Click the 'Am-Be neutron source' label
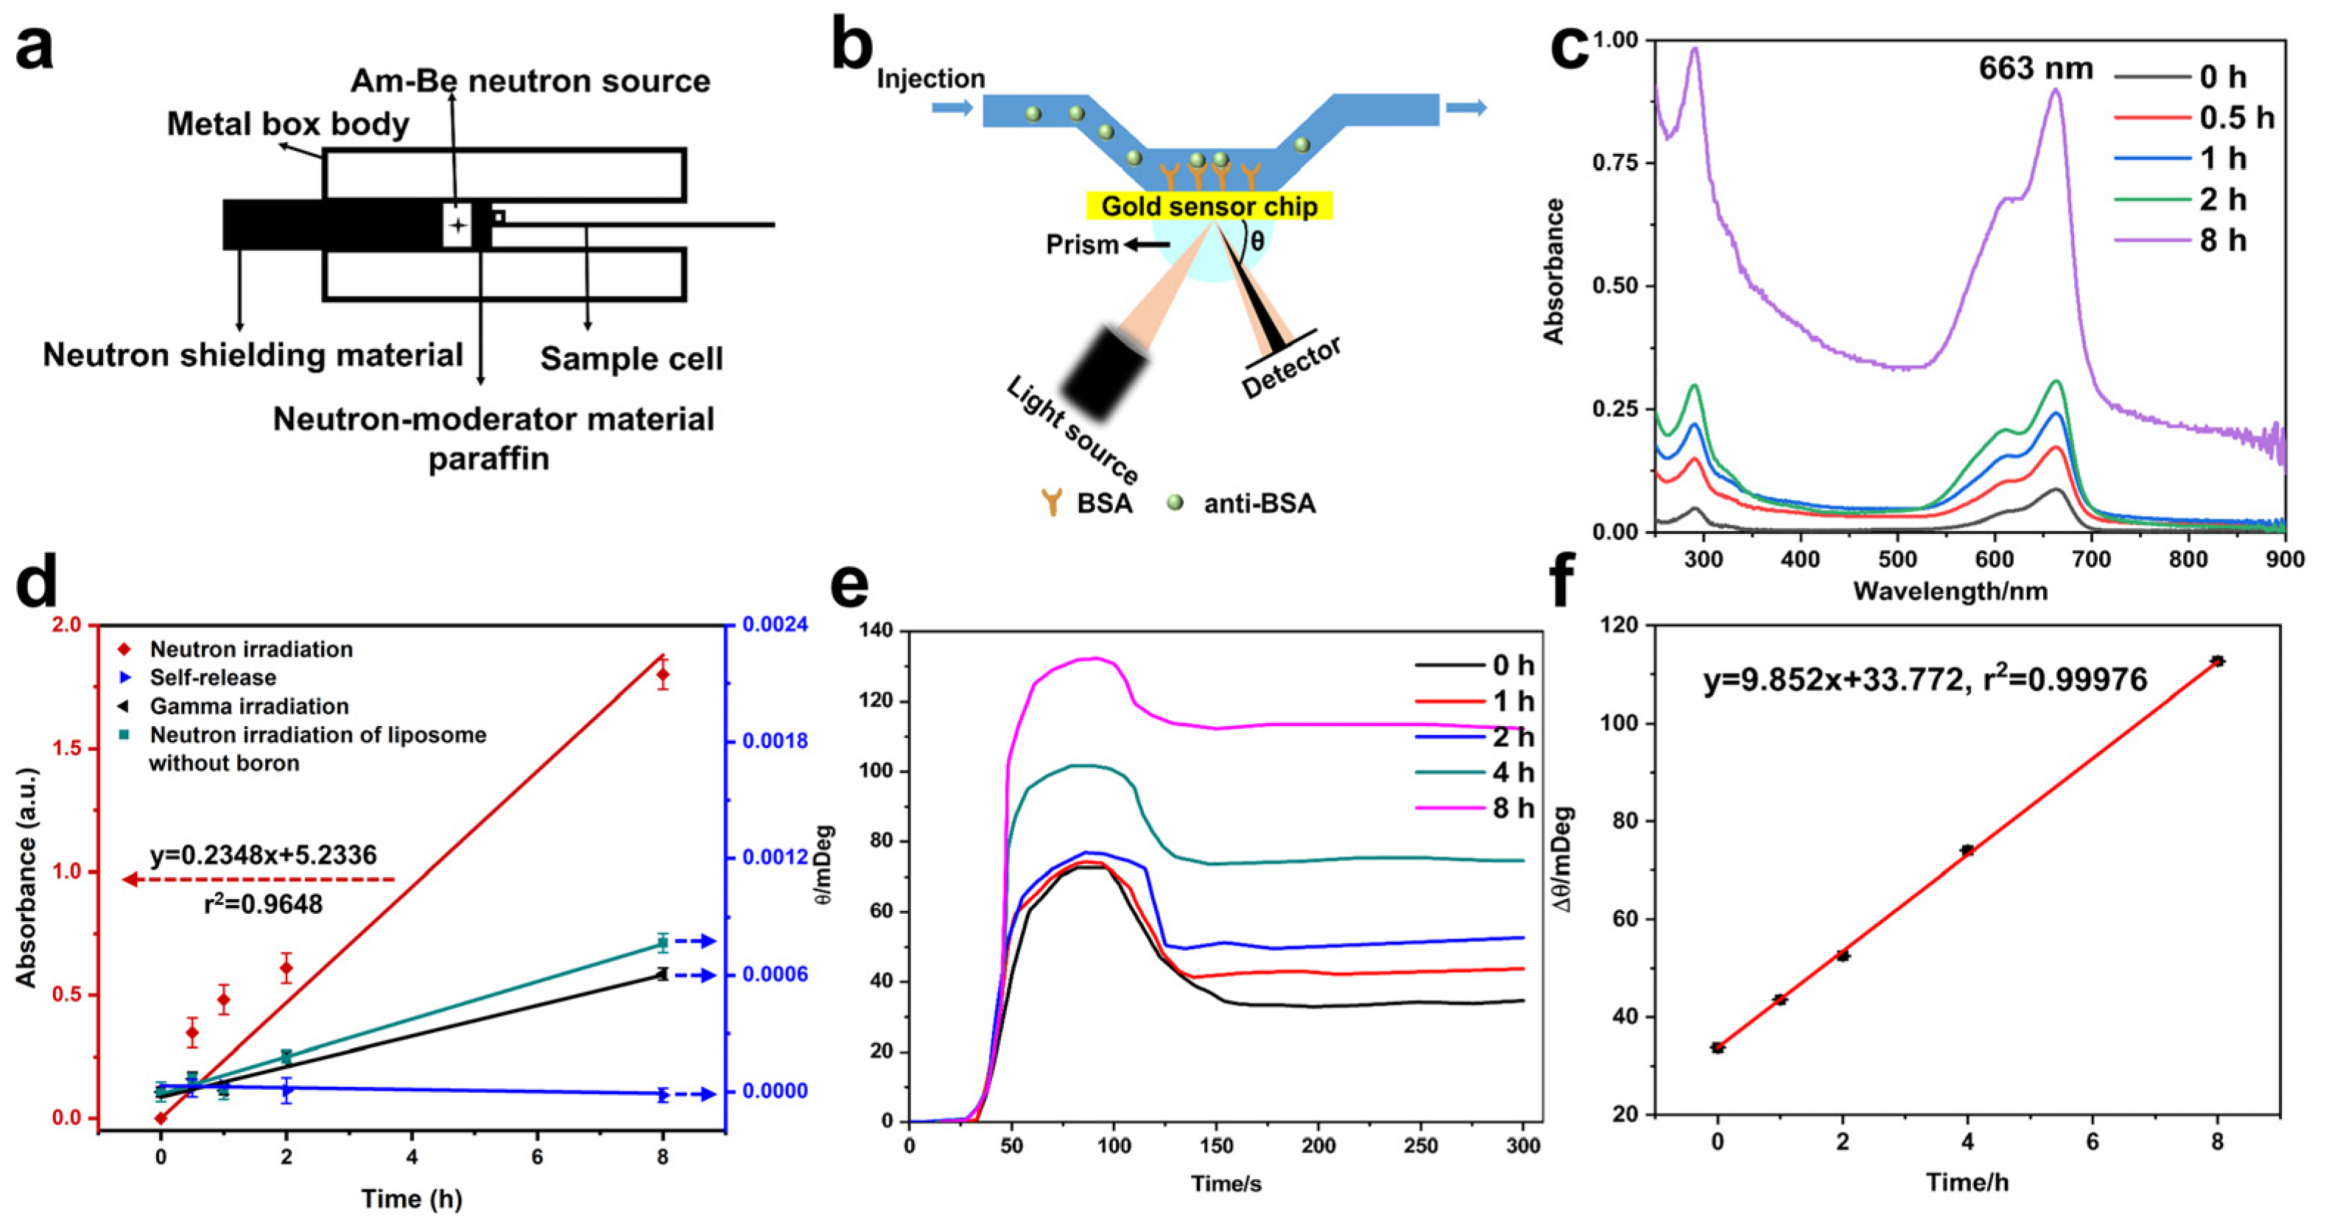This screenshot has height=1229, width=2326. [x=530, y=81]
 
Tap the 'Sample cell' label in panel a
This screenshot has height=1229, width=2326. [x=631, y=359]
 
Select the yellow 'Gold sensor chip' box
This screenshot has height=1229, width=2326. [x=1209, y=206]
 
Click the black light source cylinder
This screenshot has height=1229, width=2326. [x=1103, y=373]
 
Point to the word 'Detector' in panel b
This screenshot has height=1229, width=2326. [x=1292, y=367]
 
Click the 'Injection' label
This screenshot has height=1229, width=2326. [x=931, y=79]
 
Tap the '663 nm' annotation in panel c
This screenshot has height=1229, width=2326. [x=2035, y=68]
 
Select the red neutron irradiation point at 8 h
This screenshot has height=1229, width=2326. [x=663, y=674]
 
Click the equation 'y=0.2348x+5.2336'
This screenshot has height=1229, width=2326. [x=264, y=855]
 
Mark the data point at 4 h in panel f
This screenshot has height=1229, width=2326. [x=1967, y=850]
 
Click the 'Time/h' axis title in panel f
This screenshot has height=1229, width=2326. [x=1967, y=1182]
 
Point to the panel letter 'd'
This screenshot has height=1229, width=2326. [x=36, y=582]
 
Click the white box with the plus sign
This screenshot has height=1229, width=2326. [x=458, y=225]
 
